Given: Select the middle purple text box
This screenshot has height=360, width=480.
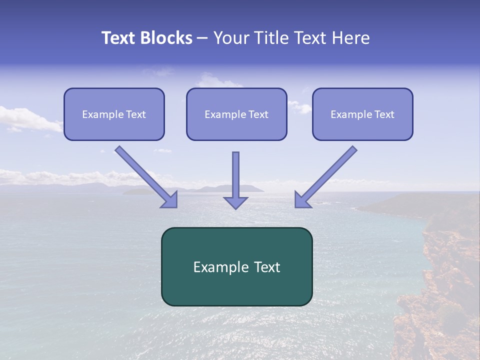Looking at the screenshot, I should [x=236, y=128].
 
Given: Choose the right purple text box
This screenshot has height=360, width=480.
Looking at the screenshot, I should [x=362, y=128].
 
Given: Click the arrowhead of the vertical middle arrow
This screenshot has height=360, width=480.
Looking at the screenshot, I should [x=235, y=202].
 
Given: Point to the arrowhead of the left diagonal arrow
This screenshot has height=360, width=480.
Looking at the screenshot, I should [x=170, y=199].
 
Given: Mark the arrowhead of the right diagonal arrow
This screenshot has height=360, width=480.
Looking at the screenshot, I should [x=302, y=199].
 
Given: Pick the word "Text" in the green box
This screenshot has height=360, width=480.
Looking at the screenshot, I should [x=266, y=267].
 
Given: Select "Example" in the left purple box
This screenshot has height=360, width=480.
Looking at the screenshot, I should [x=103, y=114].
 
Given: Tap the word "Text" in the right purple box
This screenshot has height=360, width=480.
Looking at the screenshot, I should [x=384, y=114].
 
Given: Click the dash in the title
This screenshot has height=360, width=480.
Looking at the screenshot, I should [x=202, y=38].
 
